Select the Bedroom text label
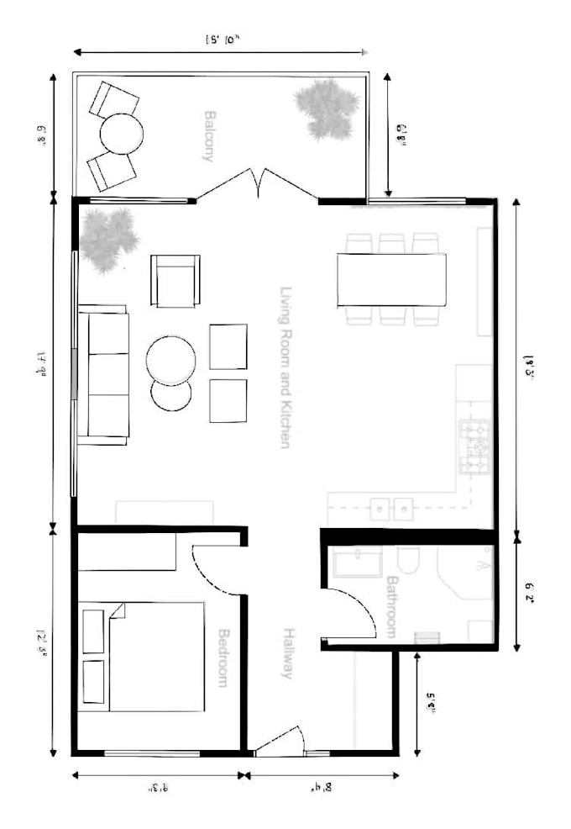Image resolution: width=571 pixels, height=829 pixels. click(223, 657)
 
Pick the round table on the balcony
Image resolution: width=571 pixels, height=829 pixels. click(122, 134)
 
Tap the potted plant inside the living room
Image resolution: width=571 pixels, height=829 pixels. click(108, 239)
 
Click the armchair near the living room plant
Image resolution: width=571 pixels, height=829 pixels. click(175, 281)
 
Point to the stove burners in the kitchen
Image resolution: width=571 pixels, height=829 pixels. click(474, 446)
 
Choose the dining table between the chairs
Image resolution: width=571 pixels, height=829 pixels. click(391, 280)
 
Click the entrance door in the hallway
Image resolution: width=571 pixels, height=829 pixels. click(281, 740)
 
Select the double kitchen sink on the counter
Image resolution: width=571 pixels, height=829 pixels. click(391, 510)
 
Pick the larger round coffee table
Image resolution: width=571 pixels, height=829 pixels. click(170, 360)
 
